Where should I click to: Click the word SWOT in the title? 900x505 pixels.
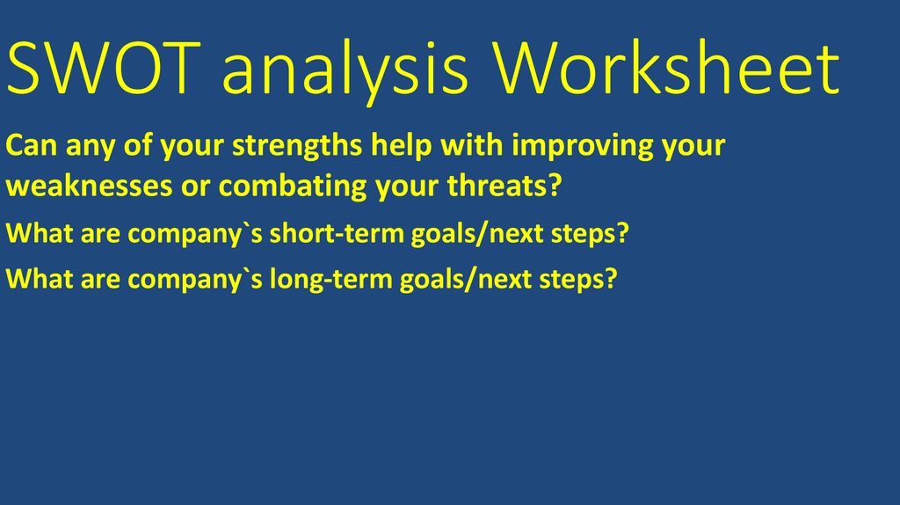tap(105, 71)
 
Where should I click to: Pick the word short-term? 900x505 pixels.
tap(360, 235)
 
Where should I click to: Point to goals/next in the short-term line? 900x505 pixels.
tap(491, 235)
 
